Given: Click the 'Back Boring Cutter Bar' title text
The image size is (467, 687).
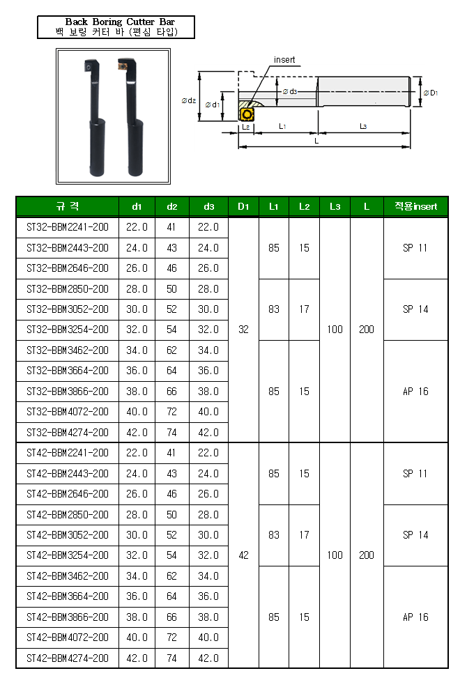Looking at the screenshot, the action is (120, 22).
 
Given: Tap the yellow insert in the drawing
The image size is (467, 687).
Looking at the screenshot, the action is (247, 114).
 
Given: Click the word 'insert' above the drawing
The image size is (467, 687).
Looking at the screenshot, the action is (284, 60).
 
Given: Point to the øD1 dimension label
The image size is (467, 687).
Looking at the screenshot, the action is (431, 93).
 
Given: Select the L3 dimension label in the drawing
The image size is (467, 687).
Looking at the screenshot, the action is (363, 126).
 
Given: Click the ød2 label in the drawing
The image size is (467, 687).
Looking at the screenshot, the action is (189, 101).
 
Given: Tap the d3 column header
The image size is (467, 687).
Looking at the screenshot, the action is (208, 206).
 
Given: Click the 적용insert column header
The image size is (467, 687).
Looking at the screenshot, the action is (415, 206).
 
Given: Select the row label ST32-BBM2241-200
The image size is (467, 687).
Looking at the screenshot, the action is (68, 227).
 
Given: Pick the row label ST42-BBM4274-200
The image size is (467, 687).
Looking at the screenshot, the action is (68, 658).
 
